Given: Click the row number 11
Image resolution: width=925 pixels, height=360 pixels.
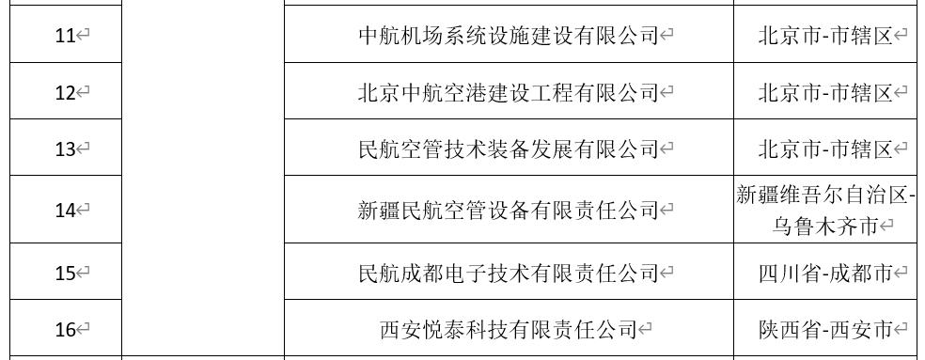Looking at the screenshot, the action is coord(64,36).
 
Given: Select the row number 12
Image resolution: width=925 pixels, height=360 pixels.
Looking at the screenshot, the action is coord(64,92).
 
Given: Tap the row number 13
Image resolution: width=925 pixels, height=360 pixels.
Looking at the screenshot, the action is coord(64,149).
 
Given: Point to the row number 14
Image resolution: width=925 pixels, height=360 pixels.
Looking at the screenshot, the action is coord(64,211).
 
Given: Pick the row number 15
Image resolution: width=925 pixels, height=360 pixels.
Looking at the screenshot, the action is coord(64,274).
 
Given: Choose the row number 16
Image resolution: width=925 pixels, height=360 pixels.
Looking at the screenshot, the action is coord(64,330).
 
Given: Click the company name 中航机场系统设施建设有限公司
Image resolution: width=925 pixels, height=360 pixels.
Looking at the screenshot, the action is coord(508,36).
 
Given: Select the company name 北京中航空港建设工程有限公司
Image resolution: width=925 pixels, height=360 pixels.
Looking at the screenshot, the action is coord(508,92).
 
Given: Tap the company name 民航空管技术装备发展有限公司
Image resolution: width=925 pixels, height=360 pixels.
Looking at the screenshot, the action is coord(508,149).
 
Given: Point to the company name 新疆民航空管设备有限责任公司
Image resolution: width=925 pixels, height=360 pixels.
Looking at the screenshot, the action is coord(508,211).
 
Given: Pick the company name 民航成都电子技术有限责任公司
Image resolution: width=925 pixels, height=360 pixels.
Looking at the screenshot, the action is coord(508,274).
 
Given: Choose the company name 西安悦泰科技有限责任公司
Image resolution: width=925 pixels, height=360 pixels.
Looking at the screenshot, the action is coord(508,330).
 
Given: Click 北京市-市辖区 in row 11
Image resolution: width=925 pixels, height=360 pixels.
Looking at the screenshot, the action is coord(824,36).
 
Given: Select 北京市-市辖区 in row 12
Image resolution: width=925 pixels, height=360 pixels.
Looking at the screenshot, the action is coord(824,92).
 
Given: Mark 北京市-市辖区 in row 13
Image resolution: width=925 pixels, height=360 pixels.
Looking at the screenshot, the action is coord(824,149).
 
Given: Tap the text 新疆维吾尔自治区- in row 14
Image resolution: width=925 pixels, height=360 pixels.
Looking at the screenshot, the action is coord(824,196).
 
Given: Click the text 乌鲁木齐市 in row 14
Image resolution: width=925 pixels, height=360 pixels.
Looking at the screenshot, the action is coord(824,227).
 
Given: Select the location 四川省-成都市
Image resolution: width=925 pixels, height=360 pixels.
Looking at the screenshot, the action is coord(824,274).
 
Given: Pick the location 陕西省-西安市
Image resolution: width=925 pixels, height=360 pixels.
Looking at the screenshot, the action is coord(824,330).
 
